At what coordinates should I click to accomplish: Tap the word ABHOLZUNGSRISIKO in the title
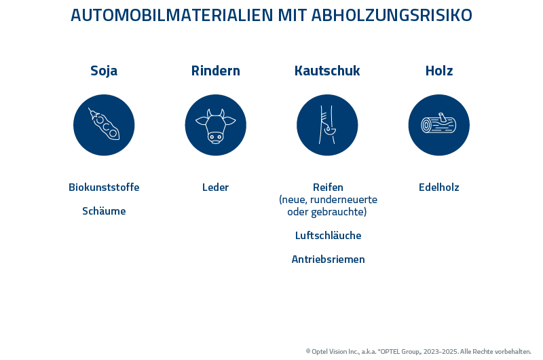(x=392, y=15)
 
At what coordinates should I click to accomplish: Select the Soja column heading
(x=104, y=71)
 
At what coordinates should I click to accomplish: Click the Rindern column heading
(x=215, y=71)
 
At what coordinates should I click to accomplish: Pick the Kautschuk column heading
(x=327, y=71)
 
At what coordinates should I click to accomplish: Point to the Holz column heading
(x=439, y=71)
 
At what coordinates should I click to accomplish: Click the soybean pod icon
(x=104, y=125)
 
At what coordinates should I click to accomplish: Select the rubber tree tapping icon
(x=327, y=125)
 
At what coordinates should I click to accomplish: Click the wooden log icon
(x=439, y=125)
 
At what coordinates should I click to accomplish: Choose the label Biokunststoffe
(x=104, y=187)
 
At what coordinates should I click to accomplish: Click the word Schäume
(x=104, y=211)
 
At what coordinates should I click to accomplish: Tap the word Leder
(x=215, y=187)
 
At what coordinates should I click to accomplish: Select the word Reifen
(x=328, y=187)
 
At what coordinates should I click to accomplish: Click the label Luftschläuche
(x=328, y=236)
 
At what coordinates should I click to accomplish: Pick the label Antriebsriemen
(x=328, y=259)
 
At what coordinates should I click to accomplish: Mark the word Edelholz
(x=439, y=187)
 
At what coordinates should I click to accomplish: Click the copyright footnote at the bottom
(x=418, y=351)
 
